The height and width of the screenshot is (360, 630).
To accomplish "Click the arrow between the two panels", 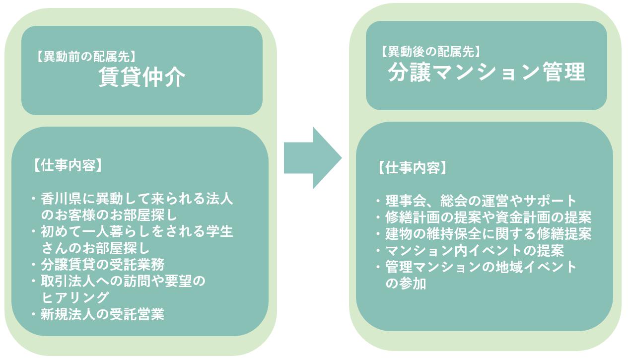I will (x=312, y=158).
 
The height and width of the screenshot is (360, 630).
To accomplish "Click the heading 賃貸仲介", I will (x=142, y=77).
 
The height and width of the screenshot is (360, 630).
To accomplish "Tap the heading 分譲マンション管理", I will (x=486, y=72).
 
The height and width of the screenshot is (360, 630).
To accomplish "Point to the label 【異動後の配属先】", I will (x=430, y=51).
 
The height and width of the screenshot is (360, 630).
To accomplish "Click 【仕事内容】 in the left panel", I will (x=68, y=165).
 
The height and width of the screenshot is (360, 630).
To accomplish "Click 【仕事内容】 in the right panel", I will (x=412, y=167).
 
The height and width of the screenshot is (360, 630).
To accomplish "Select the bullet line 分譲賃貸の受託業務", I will (x=102, y=264).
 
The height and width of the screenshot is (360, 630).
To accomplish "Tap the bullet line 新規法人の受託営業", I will (x=102, y=314).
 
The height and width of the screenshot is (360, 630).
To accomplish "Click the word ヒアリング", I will (x=75, y=297).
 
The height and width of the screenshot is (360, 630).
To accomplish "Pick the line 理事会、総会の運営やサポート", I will (x=481, y=201).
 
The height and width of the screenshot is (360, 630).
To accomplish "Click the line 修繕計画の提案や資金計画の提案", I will (x=488, y=217).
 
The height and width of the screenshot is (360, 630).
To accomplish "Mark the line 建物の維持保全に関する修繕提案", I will (x=488, y=233).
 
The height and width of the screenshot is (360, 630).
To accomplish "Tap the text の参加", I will (x=406, y=284).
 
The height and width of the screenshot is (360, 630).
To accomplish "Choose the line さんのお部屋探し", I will (x=95, y=247).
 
